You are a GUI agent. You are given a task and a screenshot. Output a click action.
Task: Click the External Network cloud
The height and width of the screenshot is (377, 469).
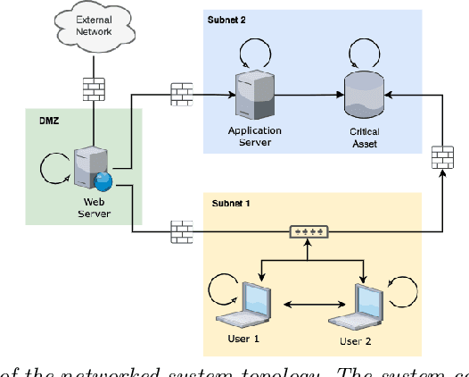[x=93, y=27]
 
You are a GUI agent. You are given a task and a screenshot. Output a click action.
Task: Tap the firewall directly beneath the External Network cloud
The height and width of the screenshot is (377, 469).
[x=93, y=88]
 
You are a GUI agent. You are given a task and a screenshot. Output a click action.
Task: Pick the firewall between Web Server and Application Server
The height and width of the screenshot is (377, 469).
[x=182, y=93]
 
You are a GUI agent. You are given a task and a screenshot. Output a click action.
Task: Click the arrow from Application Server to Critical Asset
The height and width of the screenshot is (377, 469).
[x=303, y=93]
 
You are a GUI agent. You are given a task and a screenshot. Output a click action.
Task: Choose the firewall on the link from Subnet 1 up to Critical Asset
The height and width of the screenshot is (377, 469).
[x=441, y=157]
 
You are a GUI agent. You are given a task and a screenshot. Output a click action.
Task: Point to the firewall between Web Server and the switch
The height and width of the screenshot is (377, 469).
[x=182, y=232]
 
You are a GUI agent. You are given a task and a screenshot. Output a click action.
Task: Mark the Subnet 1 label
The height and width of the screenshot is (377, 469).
[x=231, y=204]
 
